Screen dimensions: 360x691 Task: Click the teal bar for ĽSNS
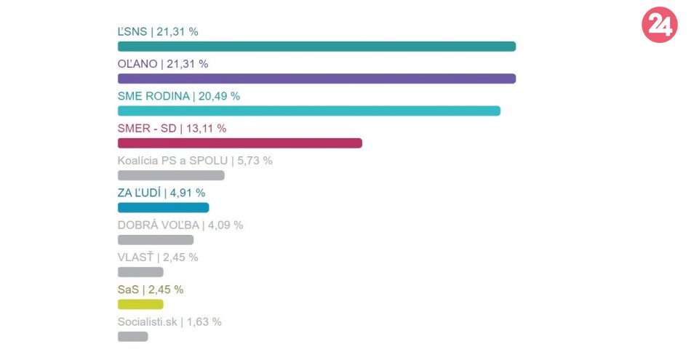point(316,47)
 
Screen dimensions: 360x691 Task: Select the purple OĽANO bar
point(316,79)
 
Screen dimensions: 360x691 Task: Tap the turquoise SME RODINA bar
point(309,111)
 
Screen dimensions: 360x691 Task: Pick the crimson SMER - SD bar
point(240,143)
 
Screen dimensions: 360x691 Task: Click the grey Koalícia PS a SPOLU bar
point(171,175)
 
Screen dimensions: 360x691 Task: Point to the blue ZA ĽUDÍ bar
point(163,207)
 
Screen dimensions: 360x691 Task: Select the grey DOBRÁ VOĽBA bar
point(156,240)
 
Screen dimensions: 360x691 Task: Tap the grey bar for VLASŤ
point(140,272)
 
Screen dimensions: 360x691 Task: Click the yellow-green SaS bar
point(140,304)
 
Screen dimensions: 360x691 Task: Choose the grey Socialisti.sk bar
point(133,336)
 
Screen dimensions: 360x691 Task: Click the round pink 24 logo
point(659,25)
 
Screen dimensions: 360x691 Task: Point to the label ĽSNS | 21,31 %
point(158,31)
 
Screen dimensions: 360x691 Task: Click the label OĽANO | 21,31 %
point(163,64)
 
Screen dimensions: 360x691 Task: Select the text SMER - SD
point(147,128)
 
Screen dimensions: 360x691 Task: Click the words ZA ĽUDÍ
point(139,193)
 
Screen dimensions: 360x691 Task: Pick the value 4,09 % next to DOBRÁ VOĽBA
point(226,225)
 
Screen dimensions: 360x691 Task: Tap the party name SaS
point(127,289)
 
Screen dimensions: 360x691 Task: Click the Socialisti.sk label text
point(146,321)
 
